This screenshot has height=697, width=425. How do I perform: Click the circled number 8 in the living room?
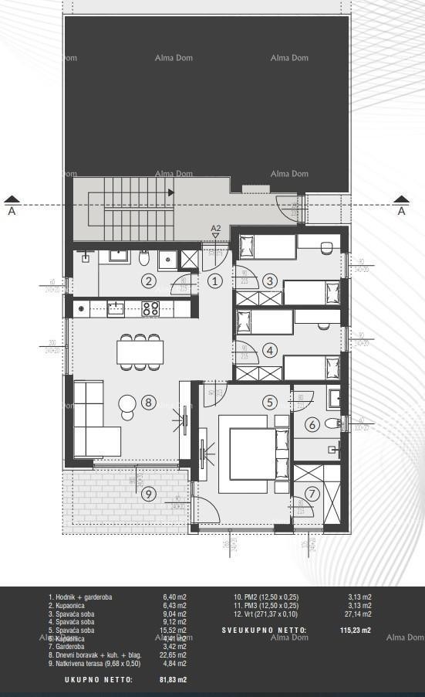coord(149,403)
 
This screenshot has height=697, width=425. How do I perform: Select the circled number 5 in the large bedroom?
coord(269,402)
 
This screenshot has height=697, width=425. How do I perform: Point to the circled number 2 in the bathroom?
coord(149,281)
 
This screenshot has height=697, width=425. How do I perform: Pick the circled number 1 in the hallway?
coord(215,281)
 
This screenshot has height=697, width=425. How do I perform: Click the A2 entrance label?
coord(216,228)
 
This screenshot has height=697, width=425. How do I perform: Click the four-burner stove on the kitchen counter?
coord(150,309)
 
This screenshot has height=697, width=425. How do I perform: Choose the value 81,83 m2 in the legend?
coord(172,680)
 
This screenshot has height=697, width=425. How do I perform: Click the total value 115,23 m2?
coord(356,631)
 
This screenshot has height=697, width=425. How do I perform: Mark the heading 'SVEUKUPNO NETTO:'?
coord(264,631)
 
